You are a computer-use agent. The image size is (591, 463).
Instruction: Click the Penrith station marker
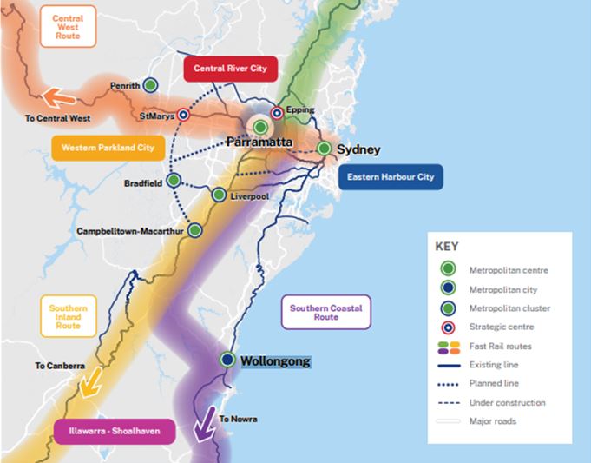coord(150,85)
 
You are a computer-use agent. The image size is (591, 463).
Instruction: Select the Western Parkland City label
coord(108,148)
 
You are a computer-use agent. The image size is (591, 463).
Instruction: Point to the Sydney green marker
coord(324,149)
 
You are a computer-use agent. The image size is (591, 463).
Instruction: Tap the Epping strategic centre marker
coord(277,113)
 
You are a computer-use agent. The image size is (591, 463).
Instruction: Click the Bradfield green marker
coord(174,181)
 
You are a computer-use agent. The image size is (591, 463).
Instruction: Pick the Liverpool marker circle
coord(219,195)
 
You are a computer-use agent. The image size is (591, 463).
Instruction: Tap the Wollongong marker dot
coord(227,359)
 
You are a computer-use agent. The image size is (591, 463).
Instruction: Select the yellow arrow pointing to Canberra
coord(89,382)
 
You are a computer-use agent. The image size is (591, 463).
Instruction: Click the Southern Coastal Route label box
coord(326,313)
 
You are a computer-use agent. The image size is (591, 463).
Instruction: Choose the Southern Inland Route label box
coord(69,317)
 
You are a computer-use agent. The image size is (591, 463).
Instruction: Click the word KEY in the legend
coord(446,246)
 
